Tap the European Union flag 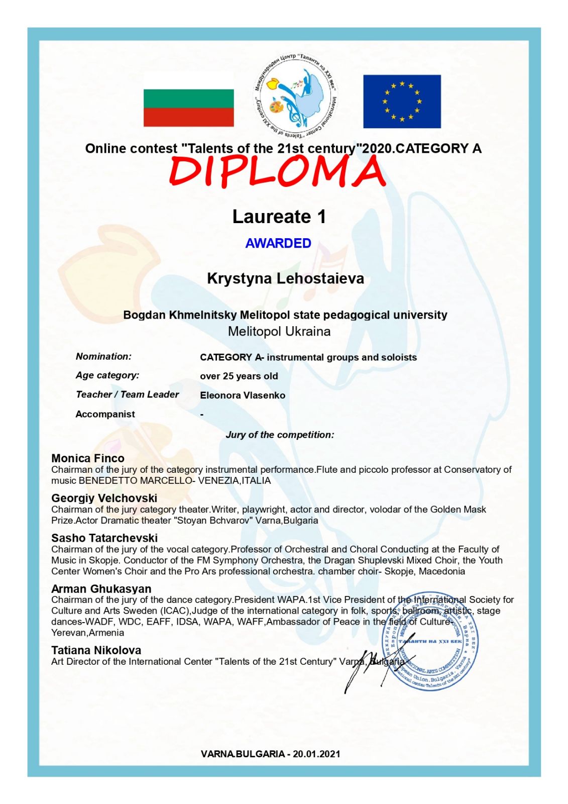[x=402, y=102]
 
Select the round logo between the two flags [x=295, y=95]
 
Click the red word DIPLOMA [x=277, y=171]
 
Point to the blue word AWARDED [x=278, y=243]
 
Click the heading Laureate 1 [x=279, y=217]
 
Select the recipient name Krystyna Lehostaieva [x=285, y=278]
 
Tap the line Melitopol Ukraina [x=279, y=332]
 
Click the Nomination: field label [x=103, y=356]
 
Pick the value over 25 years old [x=239, y=376]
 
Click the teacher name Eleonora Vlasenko [x=243, y=395]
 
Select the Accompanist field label [x=105, y=414]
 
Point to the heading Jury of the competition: [x=280, y=435]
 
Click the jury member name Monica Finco [x=88, y=458]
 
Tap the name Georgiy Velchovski [x=104, y=498]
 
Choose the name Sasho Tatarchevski [x=104, y=538]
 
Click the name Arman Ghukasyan [x=101, y=588]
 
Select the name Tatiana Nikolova [x=96, y=650]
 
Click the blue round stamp [x=430, y=641]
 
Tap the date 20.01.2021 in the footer [x=316, y=754]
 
